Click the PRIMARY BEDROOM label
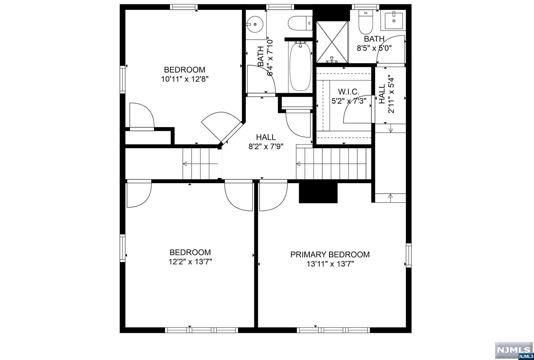[330, 255]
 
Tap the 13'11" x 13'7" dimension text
[330, 264]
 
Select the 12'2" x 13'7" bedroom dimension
[190, 262]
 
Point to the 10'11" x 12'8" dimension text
[185, 79]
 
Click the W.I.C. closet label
[349, 92]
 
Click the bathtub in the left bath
[300, 67]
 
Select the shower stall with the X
[332, 42]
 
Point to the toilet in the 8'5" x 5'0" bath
[366, 22]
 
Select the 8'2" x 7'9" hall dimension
[266, 147]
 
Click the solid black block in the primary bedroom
[318, 193]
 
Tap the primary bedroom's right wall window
[409, 255]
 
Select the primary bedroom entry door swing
[273, 196]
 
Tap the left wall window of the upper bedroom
[123, 80]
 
